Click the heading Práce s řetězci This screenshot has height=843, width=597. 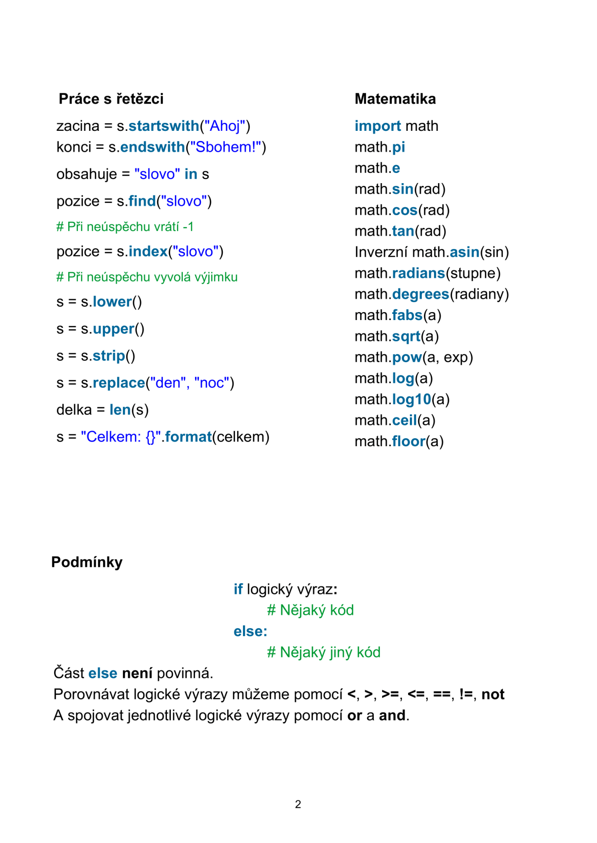tap(111, 99)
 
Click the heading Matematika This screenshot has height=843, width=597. tap(395, 99)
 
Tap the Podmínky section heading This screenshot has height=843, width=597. tap(87, 562)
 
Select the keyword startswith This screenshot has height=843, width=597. tap(163, 126)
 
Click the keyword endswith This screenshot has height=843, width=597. tap(152, 147)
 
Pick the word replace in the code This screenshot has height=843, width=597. tap(119, 383)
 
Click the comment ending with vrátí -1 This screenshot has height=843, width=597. tap(125, 227)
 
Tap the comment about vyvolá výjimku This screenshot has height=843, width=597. tap(147, 277)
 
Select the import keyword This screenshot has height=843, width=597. tap(377, 126)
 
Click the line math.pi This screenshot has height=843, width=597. tap(380, 147)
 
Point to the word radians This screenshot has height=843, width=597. tap(418, 273)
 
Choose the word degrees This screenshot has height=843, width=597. tap(420, 294)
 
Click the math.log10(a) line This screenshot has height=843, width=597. tap(402, 400)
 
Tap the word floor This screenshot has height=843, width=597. tap(409, 441)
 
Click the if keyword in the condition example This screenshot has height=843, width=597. tap(238, 589)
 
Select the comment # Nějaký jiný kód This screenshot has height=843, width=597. tap(323, 652)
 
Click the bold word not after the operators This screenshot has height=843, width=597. tap(492, 694)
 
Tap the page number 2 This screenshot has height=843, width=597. tap(298, 804)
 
